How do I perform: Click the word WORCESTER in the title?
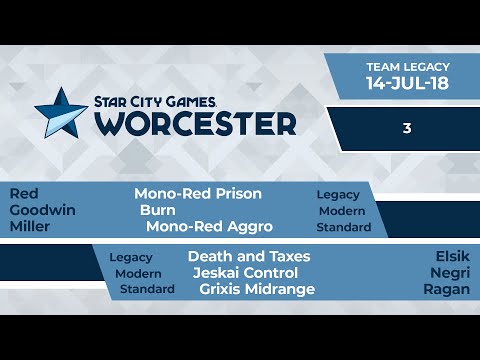coord(196,123)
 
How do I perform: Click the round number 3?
coord(407,128)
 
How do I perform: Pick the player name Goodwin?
coord(42,210)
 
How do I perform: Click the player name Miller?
coord(30,227)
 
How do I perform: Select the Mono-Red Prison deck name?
coord(198,194)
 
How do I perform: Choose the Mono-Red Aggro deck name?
coord(209,227)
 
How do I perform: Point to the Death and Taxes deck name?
coord(249,256)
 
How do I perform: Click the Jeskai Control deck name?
coord(245,273)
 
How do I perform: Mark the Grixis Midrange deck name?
coord(257,289)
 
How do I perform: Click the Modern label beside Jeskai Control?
coord(138,273)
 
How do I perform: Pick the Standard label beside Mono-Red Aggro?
coord(344,227)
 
